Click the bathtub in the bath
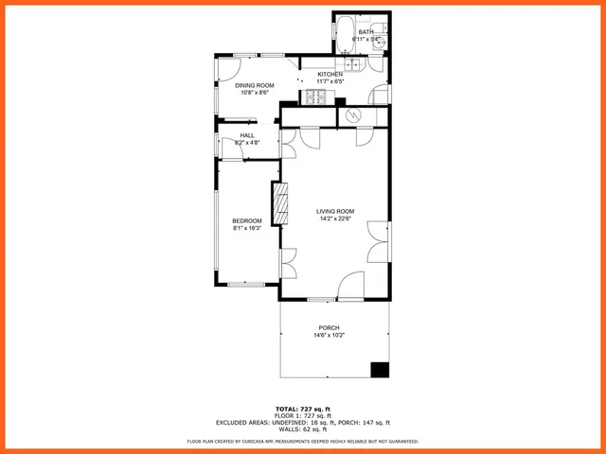[345, 35]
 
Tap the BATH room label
[365, 32]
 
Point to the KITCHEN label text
[330, 75]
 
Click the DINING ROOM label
[254, 85]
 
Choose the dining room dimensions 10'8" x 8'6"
[254, 93]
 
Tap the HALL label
[247, 135]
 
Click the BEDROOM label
[247, 220]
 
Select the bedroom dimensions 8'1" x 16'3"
[247, 228]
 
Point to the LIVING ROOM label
[335, 211]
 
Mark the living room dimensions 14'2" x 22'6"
[335, 218]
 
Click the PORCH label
[329, 328]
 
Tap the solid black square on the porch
[380, 370]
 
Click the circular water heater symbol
[353, 114]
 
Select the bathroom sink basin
[380, 28]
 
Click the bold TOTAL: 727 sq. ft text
[303, 409]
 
